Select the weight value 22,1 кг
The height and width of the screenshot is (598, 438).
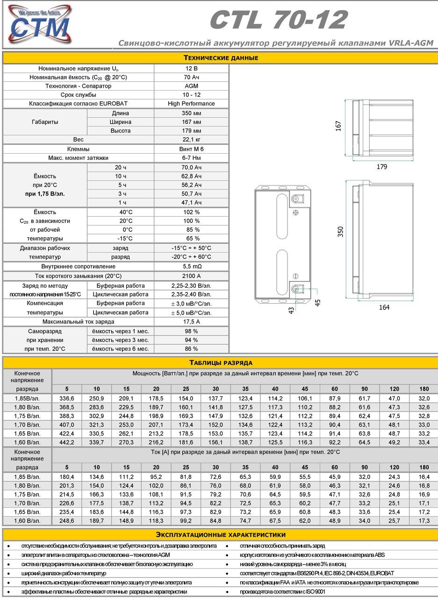(x=191, y=140)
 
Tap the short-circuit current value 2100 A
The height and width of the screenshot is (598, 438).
(x=191, y=276)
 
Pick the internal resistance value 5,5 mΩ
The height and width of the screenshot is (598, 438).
(x=191, y=266)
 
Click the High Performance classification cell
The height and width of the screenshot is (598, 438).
(x=191, y=104)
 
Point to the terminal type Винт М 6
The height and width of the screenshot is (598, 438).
(x=191, y=149)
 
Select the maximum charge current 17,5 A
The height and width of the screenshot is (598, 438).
(x=191, y=322)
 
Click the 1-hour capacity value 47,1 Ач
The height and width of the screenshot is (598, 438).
(x=191, y=203)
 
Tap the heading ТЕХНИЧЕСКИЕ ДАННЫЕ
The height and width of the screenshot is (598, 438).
(x=220, y=58)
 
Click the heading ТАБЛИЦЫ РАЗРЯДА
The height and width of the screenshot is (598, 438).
(x=221, y=363)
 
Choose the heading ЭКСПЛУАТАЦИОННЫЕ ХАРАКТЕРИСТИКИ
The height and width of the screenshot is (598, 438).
(x=220, y=534)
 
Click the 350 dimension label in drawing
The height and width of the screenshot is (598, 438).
(x=340, y=232)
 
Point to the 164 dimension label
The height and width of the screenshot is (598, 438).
(x=384, y=307)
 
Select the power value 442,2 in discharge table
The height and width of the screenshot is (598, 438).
(x=67, y=442)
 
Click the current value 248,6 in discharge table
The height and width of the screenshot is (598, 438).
(x=67, y=520)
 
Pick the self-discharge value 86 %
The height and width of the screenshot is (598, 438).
(x=191, y=349)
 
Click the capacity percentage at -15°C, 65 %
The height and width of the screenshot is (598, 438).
(x=191, y=239)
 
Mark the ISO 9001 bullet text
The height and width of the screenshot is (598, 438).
(x=283, y=591)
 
